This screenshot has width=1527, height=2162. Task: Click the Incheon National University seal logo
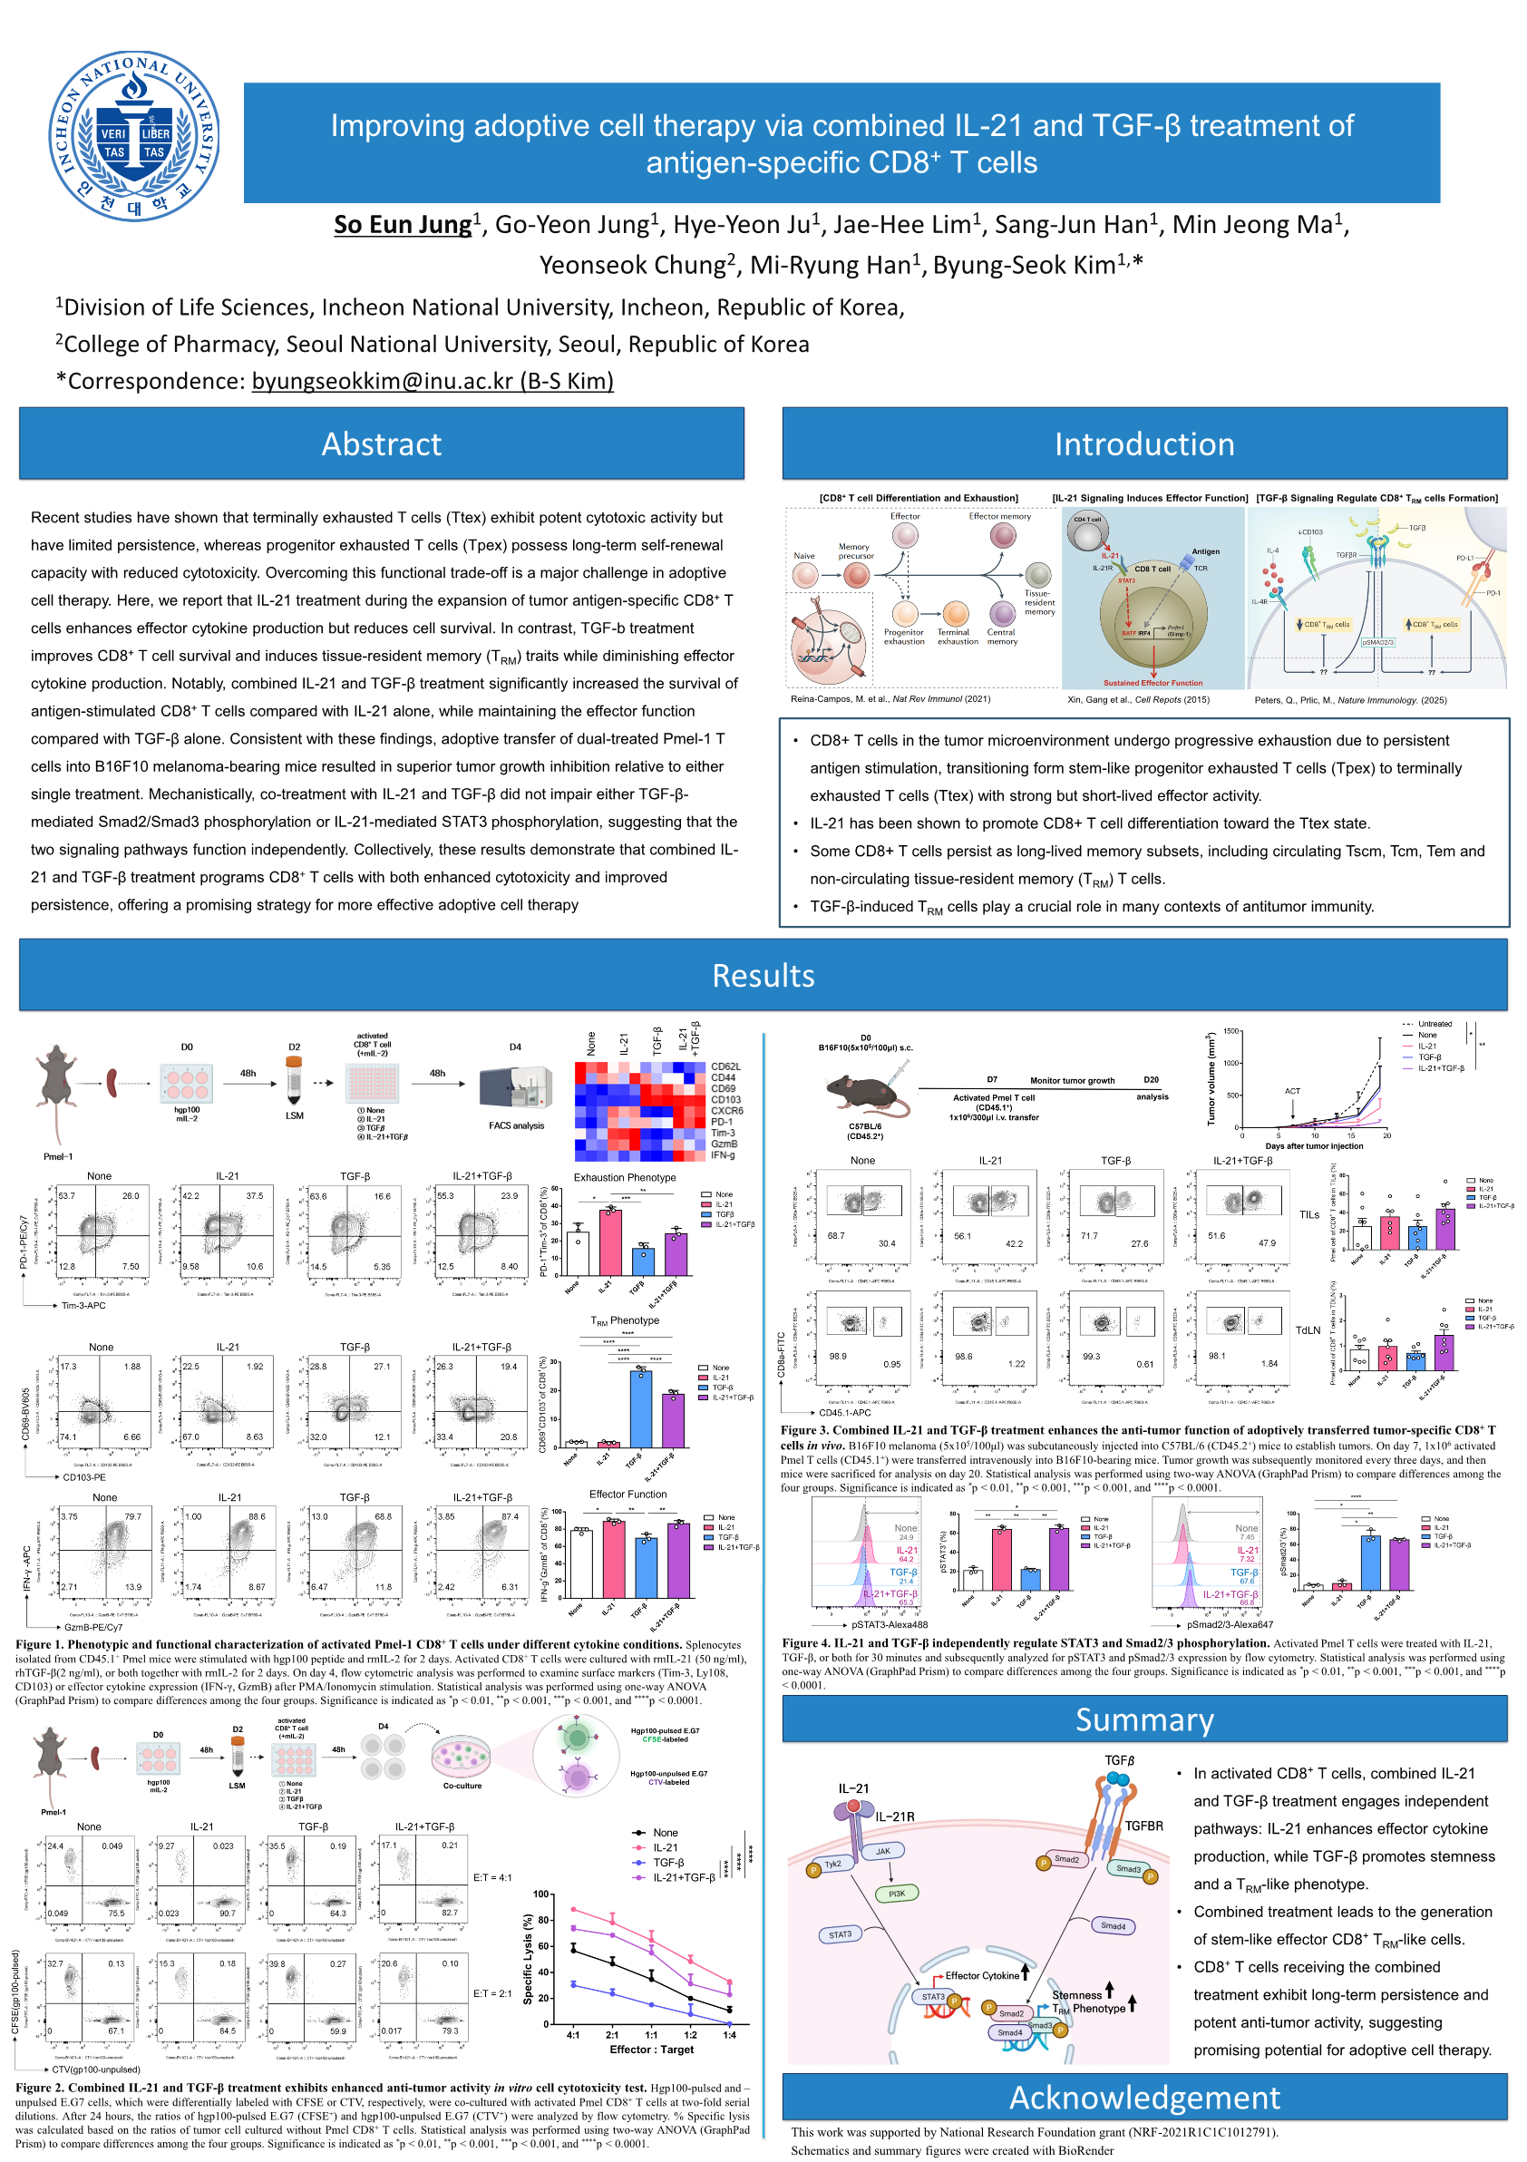tap(134, 136)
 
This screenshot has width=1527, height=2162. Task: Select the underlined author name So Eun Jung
tap(402, 225)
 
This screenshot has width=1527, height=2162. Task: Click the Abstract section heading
tap(381, 443)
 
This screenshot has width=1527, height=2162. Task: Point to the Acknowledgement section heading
tap(1143, 2097)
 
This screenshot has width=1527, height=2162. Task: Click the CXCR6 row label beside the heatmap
tap(727, 1110)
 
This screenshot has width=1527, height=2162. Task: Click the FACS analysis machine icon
tap(515, 1089)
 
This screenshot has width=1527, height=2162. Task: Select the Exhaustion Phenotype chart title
tap(625, 1177)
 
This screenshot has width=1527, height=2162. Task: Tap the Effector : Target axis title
tap(651, 2049)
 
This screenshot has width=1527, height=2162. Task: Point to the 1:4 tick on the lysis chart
tap(730, 2034)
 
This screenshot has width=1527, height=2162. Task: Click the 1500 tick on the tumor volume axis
tap(1230, 1031)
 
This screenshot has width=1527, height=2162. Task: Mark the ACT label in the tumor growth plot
tap(1292, 1090)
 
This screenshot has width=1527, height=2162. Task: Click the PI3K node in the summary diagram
tap(896, 1893)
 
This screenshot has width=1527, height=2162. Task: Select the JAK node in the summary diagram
tap(883, 1850)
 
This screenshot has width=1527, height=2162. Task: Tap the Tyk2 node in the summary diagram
tap(832, 1864)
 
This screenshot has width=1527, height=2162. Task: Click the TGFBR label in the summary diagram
tap(1143, 1825)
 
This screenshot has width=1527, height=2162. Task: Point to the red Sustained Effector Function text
tap(1153, 683)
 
